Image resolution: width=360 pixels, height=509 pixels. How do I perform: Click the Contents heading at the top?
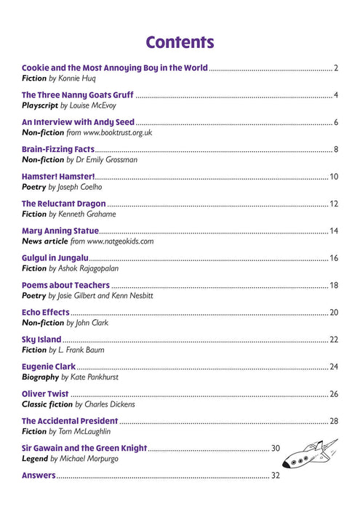(x=180, y=42)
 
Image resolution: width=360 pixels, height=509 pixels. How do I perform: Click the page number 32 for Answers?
(x=276, y=476)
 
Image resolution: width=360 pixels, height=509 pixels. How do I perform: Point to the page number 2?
(x=336, y=68)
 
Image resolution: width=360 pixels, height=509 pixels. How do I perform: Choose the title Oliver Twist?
(x=45, y=394)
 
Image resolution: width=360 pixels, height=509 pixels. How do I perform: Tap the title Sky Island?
(x=41, y=340)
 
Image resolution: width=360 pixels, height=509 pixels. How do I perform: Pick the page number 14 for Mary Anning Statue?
(x=334, y=231)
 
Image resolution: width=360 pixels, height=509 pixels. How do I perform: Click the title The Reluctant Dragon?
(x=64, y=204)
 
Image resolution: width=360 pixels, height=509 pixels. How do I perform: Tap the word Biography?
(x=40, y=377)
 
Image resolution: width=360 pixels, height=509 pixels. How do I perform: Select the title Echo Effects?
(x=45, y=312)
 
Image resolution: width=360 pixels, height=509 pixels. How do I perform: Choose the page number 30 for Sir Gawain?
(x=276, y=448)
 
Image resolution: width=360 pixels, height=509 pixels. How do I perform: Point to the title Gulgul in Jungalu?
(x=55, y=258)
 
